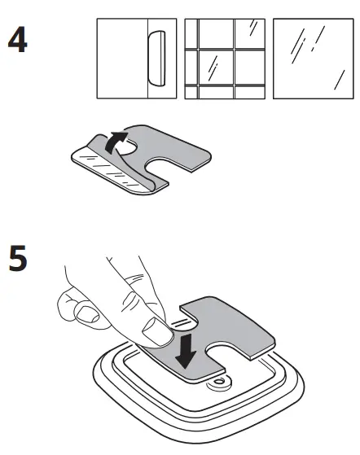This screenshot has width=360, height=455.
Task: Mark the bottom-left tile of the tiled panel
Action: coord(191,90)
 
